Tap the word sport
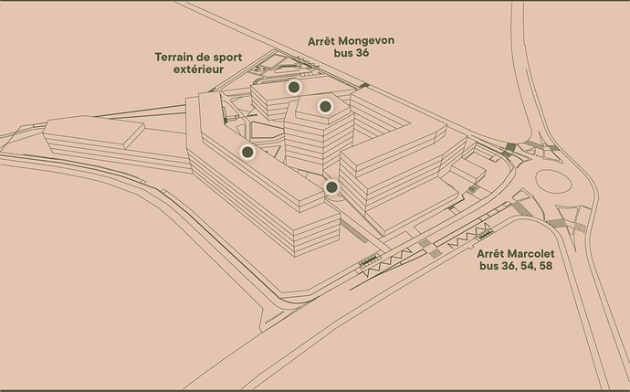[x=227, y=58]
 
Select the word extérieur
[x=198, y=69]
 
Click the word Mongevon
[x=366, y=41]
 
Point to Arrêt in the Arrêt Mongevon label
[x=321, y=41]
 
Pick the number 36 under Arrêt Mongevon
[x=362, y=53]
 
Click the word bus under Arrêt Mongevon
[x=342, y=53]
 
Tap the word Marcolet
[x=530, y=254]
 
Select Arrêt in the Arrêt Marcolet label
[x=490, y=254]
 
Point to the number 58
[x=545, y=266]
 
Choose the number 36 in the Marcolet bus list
[x=508, y=266]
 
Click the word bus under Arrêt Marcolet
[x=488, y=266]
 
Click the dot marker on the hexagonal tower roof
[x=325, y=106]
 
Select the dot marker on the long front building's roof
[x=247, y=152]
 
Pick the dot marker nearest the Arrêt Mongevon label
[x=294, y=87]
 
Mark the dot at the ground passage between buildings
[x=331, y=187]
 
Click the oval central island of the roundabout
[x=553, y=182]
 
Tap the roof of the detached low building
[x=94, y=130]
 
